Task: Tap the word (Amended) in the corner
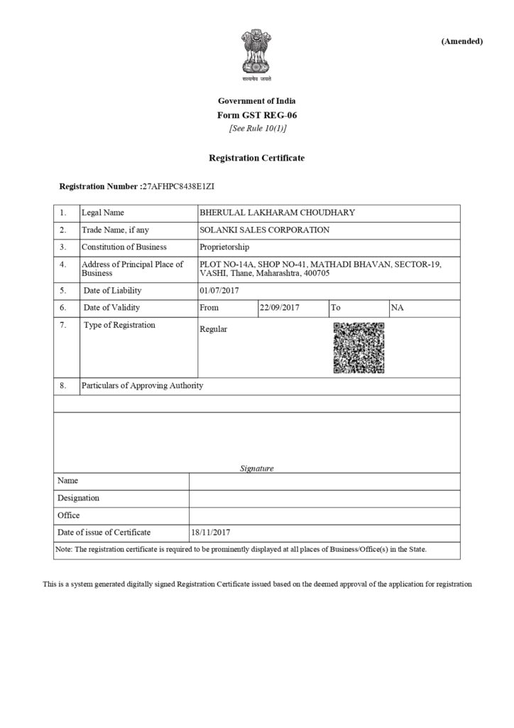461,41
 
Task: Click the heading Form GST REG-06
256,114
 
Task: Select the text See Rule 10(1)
257,128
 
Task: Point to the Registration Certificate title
256,157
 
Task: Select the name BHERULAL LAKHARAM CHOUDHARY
278,213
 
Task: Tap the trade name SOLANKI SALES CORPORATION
265,230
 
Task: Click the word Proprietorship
225,247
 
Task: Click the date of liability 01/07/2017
222,290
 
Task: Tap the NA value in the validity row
397,308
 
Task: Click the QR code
359,347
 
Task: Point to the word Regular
214,330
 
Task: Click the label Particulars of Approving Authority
142,385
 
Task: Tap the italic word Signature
256,469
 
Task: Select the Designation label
78,498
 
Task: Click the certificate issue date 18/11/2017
212,532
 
